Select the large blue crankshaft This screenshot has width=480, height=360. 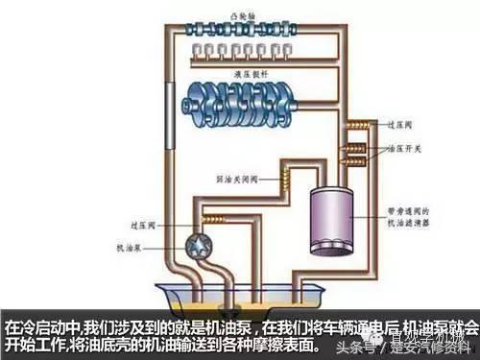point(246,97)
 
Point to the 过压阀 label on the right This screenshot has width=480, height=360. point(396,125)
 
